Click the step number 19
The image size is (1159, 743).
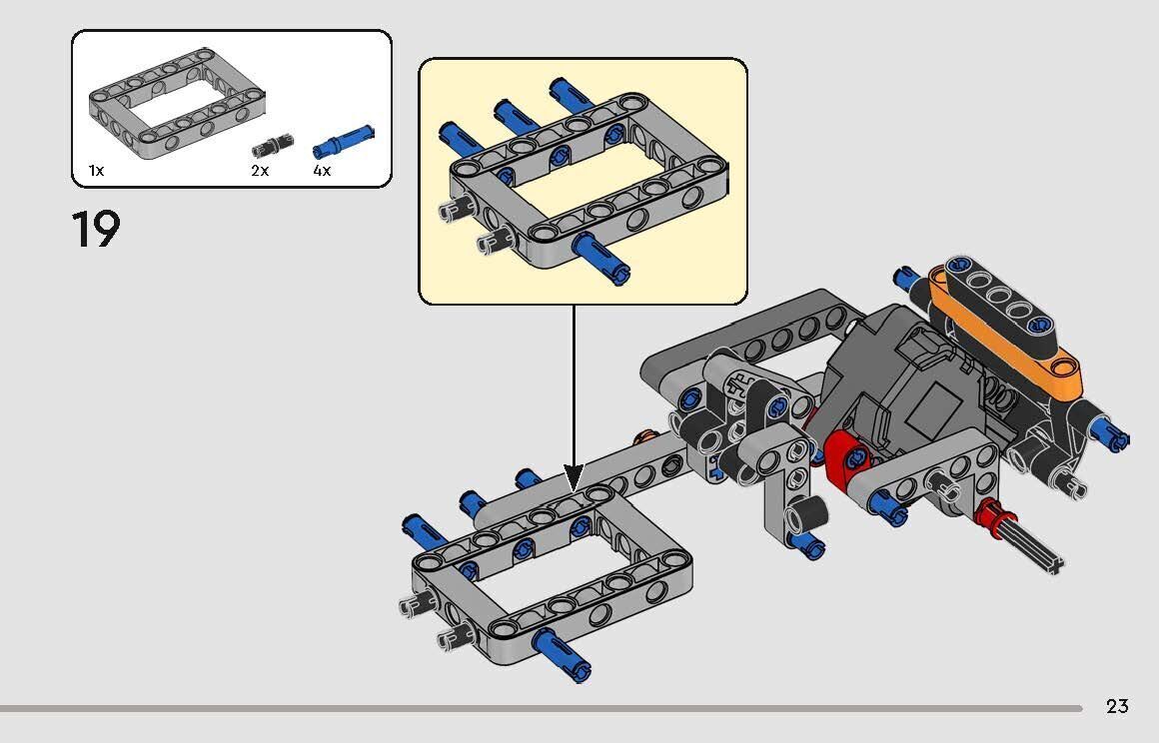click(x=96, y=229)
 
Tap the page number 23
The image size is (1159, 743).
click(x=1118, y=707)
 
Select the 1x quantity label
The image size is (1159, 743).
click(x=96, y=171)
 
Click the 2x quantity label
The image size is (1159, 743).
click(x=260, y=171)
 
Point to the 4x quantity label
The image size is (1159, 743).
click(x=323, y=171)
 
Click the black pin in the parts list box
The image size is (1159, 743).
click(x=272, y=146)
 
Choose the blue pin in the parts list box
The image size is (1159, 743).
click(x=343, y=141)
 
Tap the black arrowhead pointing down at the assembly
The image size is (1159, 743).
click(x=574, y=477)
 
